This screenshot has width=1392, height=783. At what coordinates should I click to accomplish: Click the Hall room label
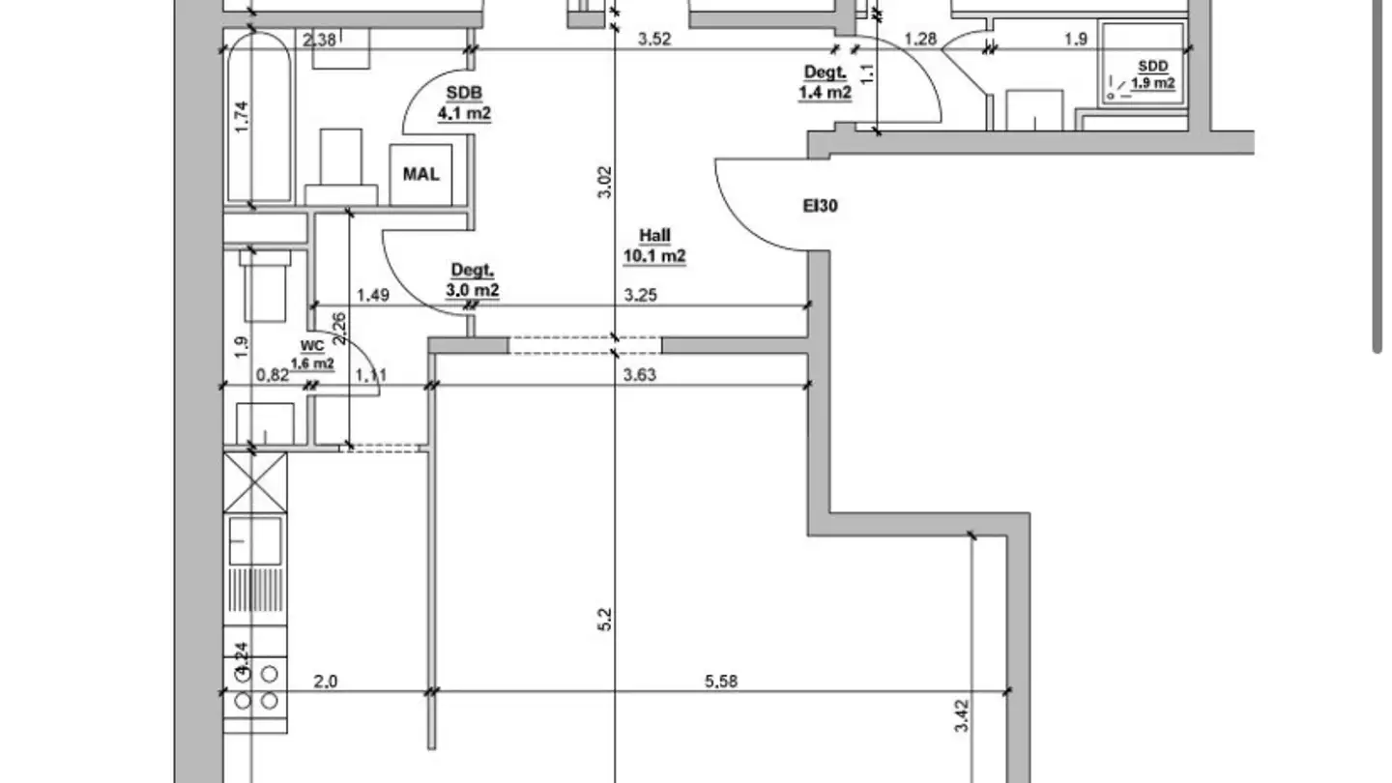coord(654,246)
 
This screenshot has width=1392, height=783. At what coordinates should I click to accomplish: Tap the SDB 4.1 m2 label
coord(464,103)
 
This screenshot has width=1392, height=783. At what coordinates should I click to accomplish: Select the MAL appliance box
coord(420,175)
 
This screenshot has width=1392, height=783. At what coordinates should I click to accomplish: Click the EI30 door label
coord(821,206)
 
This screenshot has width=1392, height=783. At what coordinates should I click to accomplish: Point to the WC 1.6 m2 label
coord(312,355)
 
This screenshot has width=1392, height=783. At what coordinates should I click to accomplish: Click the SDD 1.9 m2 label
coord(1152,74)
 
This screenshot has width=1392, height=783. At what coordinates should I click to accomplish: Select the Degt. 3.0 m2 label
coord(473,280)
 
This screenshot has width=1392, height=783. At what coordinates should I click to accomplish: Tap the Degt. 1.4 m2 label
coord(825,83)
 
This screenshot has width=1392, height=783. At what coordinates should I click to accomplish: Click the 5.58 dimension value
coord(721,681)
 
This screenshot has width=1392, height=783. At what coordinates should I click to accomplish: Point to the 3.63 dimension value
coord(640,375)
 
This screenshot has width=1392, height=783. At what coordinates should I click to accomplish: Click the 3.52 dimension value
coord(654,39)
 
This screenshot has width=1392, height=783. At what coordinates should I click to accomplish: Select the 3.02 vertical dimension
coord(605,182)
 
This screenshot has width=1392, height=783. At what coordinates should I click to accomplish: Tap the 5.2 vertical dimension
coord(605,620)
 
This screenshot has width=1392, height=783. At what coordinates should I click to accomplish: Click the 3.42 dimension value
coord(961,716)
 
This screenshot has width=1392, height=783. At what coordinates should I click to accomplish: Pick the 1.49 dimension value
coord(373,295)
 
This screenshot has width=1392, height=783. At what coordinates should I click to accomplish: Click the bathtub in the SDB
coord(259,118)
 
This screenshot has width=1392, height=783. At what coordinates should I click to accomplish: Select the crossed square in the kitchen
coord(255,483)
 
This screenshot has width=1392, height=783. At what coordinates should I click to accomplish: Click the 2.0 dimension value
coord(325,681)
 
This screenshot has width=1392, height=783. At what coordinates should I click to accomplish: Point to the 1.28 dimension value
coord(919,39)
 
